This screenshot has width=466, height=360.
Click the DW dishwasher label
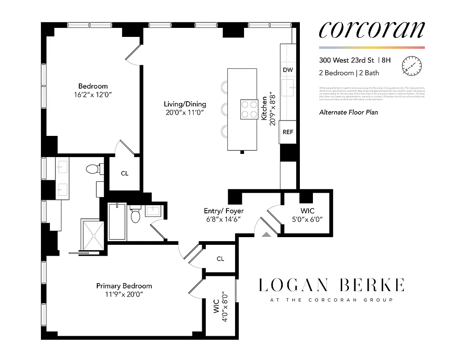click(x=288, y=70)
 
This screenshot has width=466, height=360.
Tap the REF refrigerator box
click(x=288, y=132)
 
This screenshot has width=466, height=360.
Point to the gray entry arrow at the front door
click(x=266, y=234)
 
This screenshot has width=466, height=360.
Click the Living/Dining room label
click(x=185, y=104)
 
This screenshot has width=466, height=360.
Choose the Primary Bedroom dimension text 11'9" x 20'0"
click(x=124, y=295)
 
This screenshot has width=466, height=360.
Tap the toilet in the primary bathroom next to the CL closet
click(x=93, y=169)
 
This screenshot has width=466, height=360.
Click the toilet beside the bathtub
click(x=136, y=216)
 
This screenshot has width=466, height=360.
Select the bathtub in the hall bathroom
click(x=118, y=221)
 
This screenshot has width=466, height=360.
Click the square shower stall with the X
click(x=93, y=234)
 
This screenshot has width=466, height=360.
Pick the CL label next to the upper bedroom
click(x=125, y=173)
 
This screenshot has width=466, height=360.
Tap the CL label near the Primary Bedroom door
click(x=220, y=259)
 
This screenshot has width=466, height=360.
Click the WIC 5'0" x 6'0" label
click(x=308, y=215)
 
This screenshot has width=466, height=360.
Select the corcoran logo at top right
click(x=371, y=30)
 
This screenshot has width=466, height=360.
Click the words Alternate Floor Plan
click(x=348, y=112)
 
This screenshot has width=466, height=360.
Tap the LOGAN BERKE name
click(x=331, y=285)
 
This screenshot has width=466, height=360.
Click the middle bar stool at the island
click(x=225, y=108)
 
